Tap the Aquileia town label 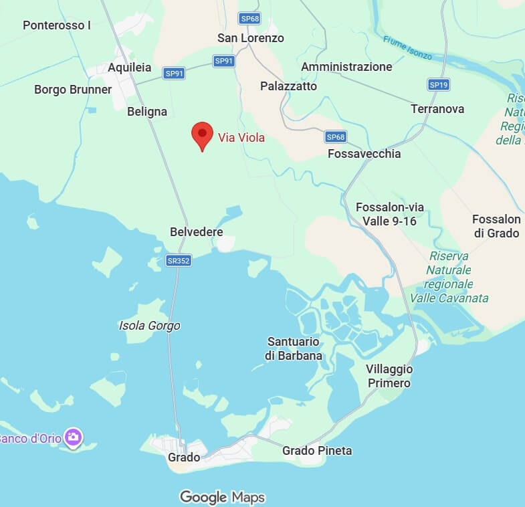coord(129,68)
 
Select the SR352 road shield coord(179,261)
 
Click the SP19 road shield coord(438,84)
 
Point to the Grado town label coord(184,458)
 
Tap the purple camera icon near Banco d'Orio coord(74,438)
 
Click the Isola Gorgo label coord(149,326)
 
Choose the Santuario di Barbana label coord(294,348)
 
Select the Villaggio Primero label coord(389,376)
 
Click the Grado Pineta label coord(317,451)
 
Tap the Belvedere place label coord(196,231)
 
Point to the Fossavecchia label coord(364,154)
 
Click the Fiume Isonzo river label coord(407,47)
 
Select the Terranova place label coord(437,108)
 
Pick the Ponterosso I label coord(57,25)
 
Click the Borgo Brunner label coord(73,90)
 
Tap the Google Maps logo coord(222,497)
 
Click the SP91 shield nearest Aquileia coord(174,74)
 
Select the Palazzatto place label coord(288,86)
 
